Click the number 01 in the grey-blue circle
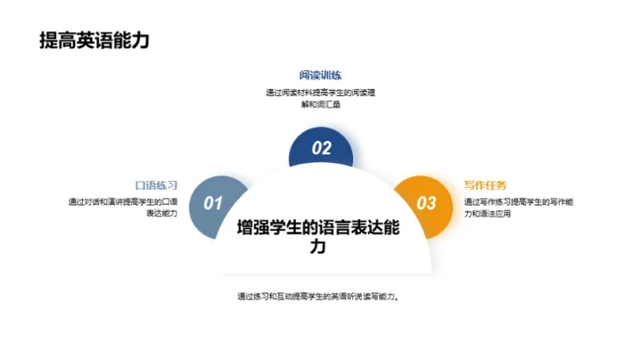pyautogui.click(x=213, y=203)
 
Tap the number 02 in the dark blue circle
pyautogui.click(x=321, y=149)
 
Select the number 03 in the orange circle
pyautogui.click(x=427, y=203)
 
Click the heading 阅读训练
pyautogui.click(x=320, y=75)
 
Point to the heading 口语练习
pyautogui.click(x=157, y=185)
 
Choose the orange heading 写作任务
pyautogui.click(x=485, y=185)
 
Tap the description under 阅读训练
pyautogui.click(x=320, y=98)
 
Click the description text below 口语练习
pyautogui.click(x=123, y=208)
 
